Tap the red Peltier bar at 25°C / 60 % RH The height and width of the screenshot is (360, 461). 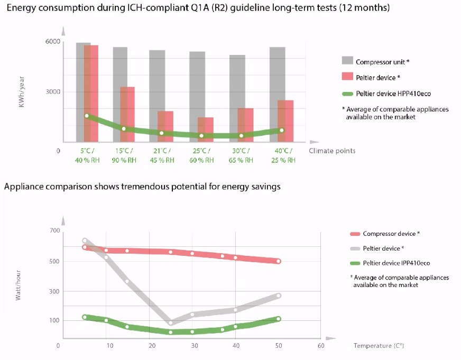pyautogui.click(x=206, y=130)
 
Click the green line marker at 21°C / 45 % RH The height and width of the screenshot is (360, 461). pyautogui.click(x=161, y=133)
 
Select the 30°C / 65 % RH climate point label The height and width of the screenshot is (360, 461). pyautogui.click(x=241, y=155)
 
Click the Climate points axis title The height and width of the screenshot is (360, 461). pyautogui.click(x=333, y=151)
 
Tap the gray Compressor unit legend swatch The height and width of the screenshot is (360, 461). pyautogui.click(x=347, y=61)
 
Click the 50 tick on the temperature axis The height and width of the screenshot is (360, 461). pyautogui.click(x=278, y=345)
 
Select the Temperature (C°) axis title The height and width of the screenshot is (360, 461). pyautogui.click(x=379, y=345)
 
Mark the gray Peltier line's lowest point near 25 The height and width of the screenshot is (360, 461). pyautogui.click(x=171, y=322)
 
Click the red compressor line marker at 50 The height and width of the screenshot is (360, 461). pyautogui.click(x=278, y=261)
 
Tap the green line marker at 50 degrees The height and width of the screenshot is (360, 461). pyautogui.click(x=278, y=319)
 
